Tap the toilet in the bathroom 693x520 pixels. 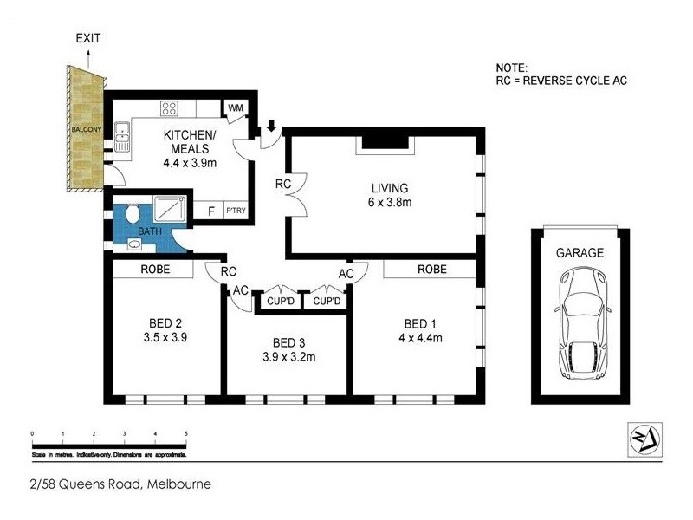click(x=133, y=214)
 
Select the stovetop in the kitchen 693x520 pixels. click(x=170, y=109)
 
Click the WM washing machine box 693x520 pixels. click(x=235, y=108)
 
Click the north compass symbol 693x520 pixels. click(x=644, y=439)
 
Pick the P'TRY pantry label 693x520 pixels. click(x=234, y=211)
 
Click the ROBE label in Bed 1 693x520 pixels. click(x=431, y=270)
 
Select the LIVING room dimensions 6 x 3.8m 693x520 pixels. click(x=390, y=203)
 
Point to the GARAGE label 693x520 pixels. click(x=580, y=253)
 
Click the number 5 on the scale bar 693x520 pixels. click(x=185, y=432)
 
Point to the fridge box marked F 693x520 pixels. click(x=210, y=211)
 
